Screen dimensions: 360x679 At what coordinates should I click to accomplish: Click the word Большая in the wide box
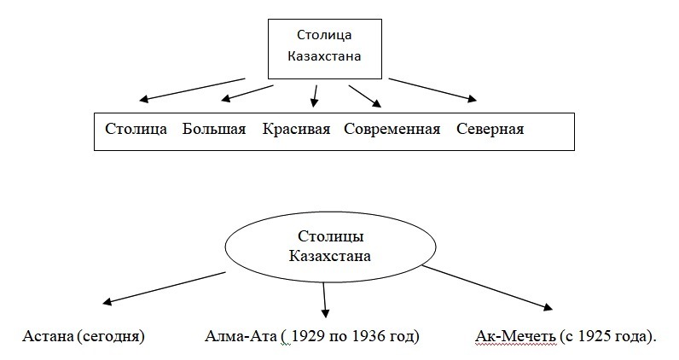click(214, 130)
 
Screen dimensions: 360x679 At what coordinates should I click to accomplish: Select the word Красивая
click(296, 130)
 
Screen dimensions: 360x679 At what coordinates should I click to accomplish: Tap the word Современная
click(392, 130)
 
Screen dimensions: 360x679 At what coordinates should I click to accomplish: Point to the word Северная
click(490, 130)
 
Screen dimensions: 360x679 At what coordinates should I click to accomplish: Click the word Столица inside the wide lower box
click(136, 130)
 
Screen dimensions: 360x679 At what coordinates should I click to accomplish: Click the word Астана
click(48, 335)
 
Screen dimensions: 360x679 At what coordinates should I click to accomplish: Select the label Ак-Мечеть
click(513, 335)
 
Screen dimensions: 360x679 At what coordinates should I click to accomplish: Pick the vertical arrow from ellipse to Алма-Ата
click(325, 299)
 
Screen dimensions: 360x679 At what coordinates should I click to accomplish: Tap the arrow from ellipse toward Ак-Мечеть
click(490, 290)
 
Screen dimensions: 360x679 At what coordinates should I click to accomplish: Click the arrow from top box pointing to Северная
click(434, 89)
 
